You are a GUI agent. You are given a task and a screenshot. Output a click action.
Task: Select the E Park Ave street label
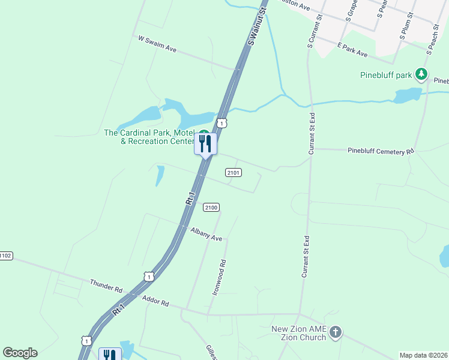pyautogui.click(x=352, y=50)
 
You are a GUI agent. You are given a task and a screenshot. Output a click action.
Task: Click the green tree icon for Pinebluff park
pyautogui.click(x=422, y=74)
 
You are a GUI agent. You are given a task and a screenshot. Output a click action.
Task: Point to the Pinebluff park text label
pyautogui.click(x=386, y=75)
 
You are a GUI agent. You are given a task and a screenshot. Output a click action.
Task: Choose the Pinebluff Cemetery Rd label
pyautogui.click(x=381, y=151)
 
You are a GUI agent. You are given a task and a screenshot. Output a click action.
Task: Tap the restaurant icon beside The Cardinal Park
pyautogui.click(x=205, y=143)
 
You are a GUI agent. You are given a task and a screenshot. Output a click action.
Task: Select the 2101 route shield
pyautogui.click(x=234, y=173)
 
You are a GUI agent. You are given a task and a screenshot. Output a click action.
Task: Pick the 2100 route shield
pyautogui.click(x=211, y=208)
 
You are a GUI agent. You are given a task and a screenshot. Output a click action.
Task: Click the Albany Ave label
pyautogui.click(x=206, y=234)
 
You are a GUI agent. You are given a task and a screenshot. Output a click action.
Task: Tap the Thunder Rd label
pyautogui.click(x=106, y=286)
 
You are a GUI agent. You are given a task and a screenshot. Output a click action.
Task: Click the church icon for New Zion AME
pyautogui.click(x=336, y=332)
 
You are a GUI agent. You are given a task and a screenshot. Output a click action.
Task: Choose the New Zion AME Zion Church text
pyautogui.click(x=299, y=333)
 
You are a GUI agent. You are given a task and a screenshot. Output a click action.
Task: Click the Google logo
pyautogui.click(x=20, y=353)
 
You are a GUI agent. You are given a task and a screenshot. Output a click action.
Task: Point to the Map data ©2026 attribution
pyautogui.click(x=423, y=355)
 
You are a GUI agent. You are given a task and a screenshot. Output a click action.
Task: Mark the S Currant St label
pyautogui.click(x=311, y=33)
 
